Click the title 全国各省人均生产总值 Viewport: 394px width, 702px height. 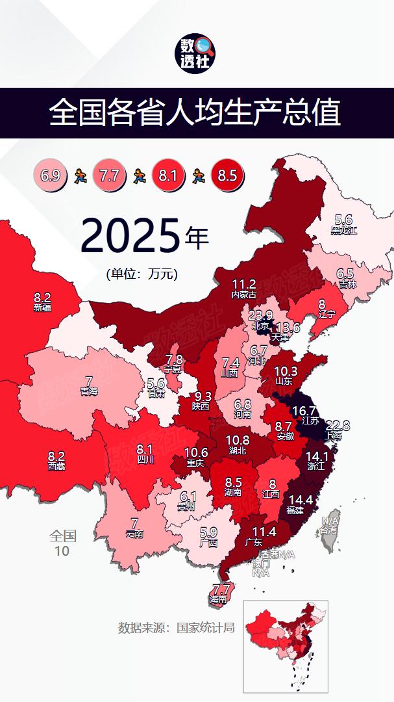pyautogui.click(x=195, y=113)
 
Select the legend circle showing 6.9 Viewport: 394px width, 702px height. pyautogui.click(x=50, y=175)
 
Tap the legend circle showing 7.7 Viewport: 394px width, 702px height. pyautogui.click(x=109, y=175)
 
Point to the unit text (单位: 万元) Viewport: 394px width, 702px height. pyautogui.click(x=142, y=274)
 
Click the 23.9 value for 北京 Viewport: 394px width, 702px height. pyautogui.click(x=260, y=316)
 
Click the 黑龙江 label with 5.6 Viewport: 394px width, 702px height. pyautogui.click(x=343, y=224)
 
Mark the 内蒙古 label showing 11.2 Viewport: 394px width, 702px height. pyautogui.click(x=244, y=289)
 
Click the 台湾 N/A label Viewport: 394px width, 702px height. pyautogui.click(x=330, y=525)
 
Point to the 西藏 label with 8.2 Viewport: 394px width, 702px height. pyautogui.click(x=56, y=460)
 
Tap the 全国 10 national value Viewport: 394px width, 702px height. pyautogui.click(x=63, y=543)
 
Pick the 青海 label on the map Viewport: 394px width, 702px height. pyautogui.click(x=89, y=385)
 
